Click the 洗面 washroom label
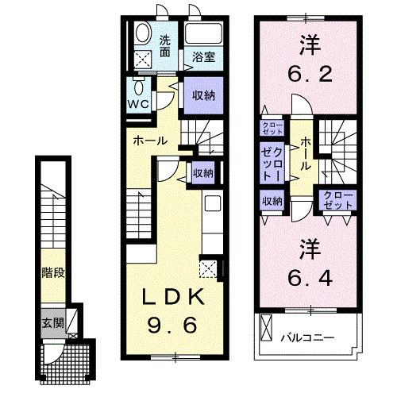(164, 46)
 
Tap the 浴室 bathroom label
(203, 56)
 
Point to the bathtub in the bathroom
(202, 36)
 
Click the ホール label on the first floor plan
(149, 141)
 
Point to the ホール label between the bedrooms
(306, 154)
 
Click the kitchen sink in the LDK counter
(210, 203)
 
